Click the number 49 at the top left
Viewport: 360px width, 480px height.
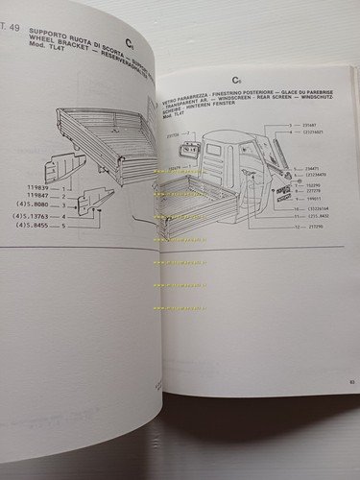point(14,12)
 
